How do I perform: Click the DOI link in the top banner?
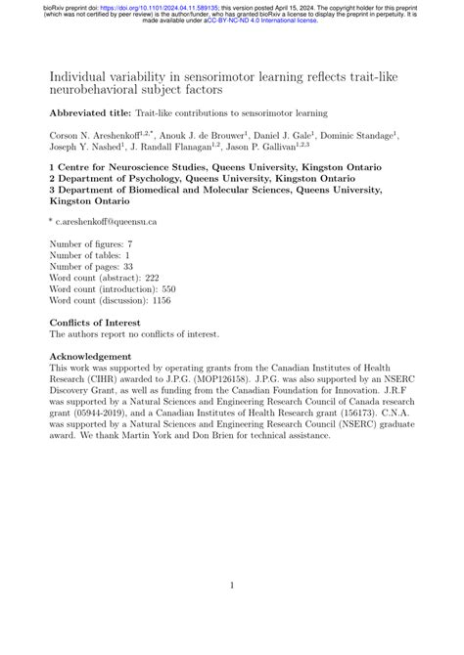click(x=154, y=5)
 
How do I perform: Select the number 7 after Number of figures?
click(x=130, y=242)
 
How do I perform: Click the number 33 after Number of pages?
click(x=128, y=266)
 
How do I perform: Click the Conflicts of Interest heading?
click(x=94, y=323)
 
